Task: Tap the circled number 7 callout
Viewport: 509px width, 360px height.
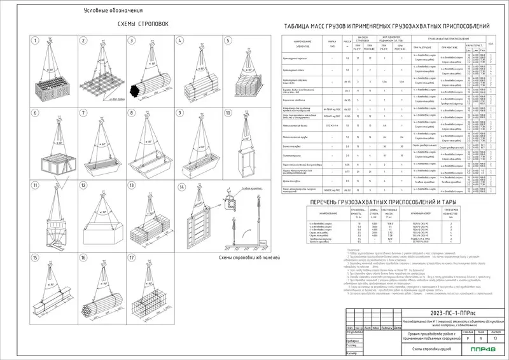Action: tap(82, 113)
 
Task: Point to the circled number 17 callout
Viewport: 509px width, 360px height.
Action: tap(131, 258)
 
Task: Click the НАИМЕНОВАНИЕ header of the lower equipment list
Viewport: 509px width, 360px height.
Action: tap(314, 212)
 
